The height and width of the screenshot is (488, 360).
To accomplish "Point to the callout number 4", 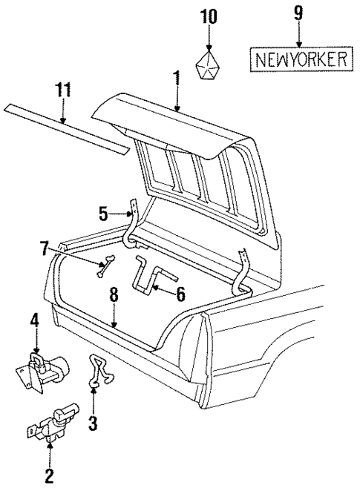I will point(34,320).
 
